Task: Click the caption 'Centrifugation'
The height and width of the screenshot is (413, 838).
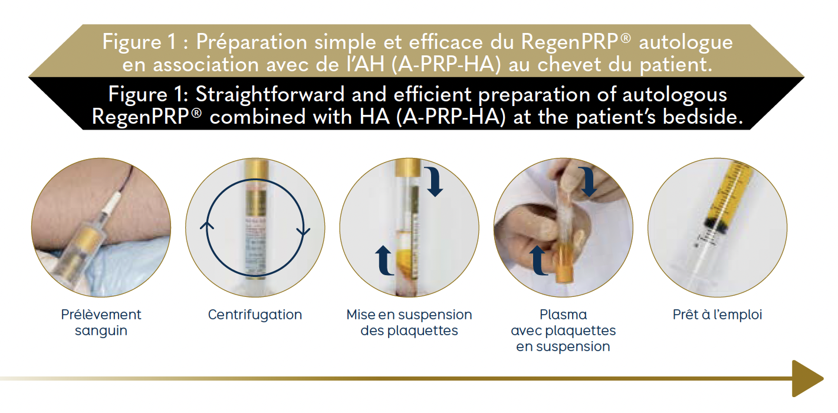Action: pos(255,315)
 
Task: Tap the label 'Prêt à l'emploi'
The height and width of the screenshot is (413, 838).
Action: pos(717,315)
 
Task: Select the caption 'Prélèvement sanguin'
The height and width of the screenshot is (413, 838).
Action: pos(101,322)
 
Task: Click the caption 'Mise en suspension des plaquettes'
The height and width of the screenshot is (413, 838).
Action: pos(409,322)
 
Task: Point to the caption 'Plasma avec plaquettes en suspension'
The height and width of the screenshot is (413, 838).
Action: pos(563,331)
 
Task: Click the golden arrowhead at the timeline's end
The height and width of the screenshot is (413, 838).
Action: pos(807,379)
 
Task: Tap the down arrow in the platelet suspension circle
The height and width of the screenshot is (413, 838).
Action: pos(434,182)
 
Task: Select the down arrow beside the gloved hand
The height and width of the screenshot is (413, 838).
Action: pos(589,182)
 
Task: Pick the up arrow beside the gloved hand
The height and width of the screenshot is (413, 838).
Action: pos(538,260)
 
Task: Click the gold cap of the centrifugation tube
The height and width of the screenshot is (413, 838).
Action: pos(256,168)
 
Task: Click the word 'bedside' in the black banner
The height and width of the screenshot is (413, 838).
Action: pos(702,117)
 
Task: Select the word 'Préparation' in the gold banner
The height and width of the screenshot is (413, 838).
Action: pos(251,41)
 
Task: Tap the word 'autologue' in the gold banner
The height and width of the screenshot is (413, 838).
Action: pos(685,42)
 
